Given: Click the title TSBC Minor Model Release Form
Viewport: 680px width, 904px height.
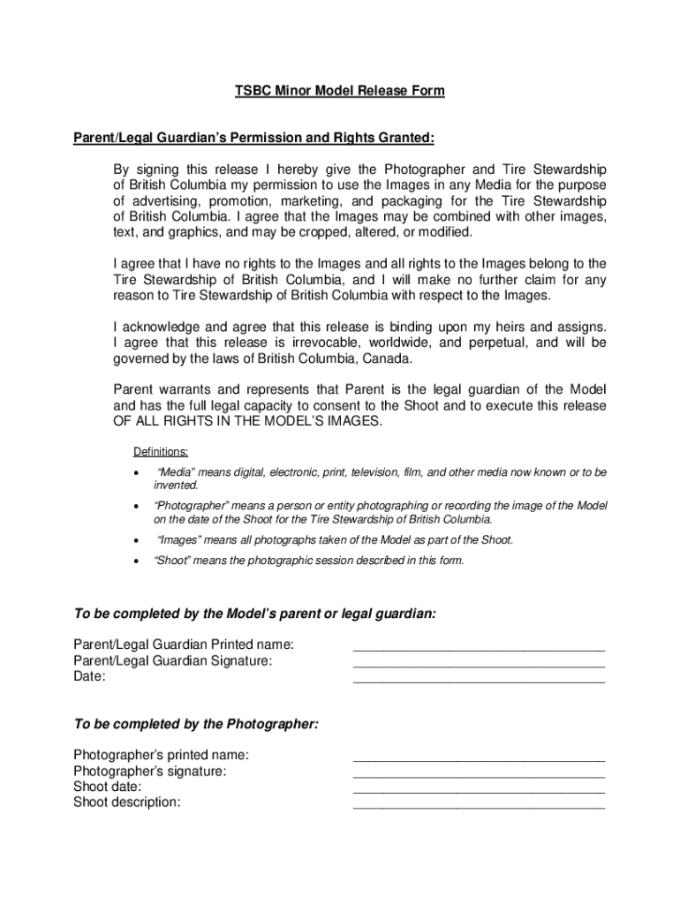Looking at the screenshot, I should pos(339,91).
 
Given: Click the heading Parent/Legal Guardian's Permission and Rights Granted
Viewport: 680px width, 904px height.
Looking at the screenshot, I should pos(253,138).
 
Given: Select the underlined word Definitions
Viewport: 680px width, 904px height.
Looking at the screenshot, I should pos(161,452).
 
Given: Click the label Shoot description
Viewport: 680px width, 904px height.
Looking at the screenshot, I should pos(126,802).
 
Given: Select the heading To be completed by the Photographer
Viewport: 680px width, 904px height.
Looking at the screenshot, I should pos(196,724).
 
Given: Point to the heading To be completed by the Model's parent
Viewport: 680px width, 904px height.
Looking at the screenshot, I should pos(254,614).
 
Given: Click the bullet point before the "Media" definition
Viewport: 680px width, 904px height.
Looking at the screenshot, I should pos(136,473).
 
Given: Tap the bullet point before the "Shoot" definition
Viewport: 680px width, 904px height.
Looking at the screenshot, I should pos(136,561).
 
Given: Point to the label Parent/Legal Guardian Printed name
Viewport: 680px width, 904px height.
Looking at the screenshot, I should pos(184,644).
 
